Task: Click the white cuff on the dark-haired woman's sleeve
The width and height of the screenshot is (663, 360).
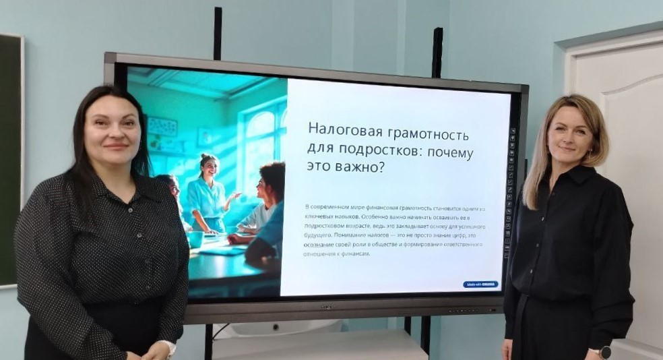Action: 168,348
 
